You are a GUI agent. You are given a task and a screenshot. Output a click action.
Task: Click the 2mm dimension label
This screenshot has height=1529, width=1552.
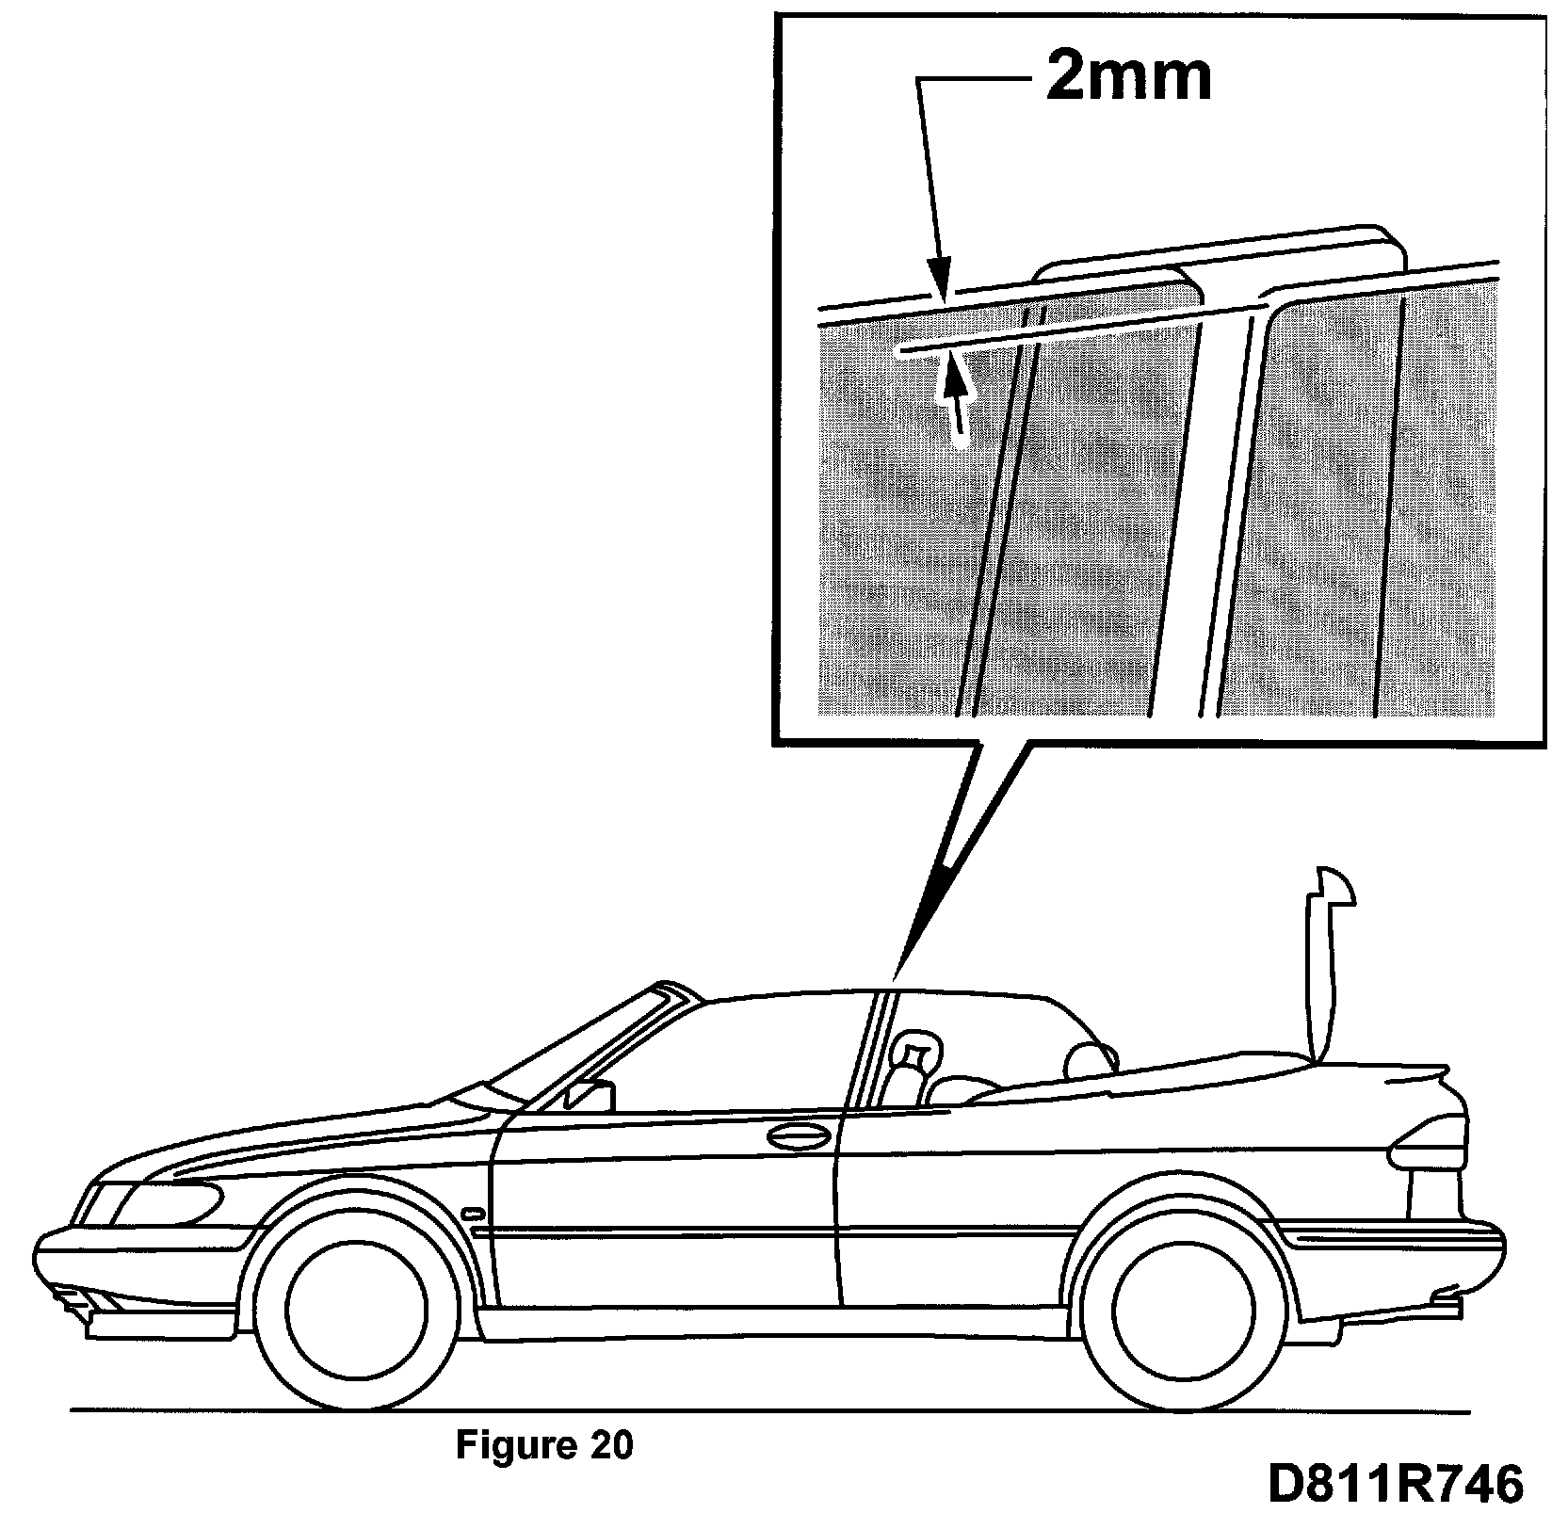coord(1128,78)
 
